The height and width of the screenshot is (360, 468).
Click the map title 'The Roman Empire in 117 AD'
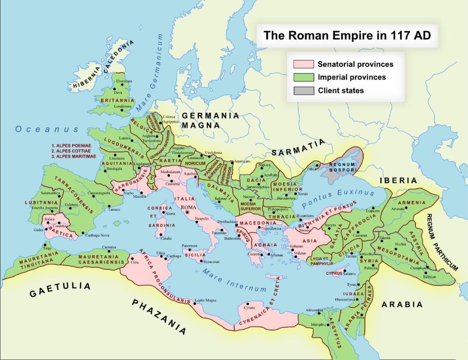347,36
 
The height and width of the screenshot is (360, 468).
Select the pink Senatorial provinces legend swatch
303,64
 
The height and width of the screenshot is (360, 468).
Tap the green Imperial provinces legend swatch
303,77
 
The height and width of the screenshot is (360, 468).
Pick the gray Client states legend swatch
303,91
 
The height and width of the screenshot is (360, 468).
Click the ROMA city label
188,208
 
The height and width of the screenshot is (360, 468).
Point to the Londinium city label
123,106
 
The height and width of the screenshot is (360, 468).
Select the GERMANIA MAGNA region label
210,120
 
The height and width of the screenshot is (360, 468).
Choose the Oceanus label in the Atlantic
47,129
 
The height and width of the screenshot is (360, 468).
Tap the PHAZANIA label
159,317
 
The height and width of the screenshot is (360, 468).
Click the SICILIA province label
195,254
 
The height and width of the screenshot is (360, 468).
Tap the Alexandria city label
313,310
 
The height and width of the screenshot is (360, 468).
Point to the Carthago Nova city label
97,235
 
